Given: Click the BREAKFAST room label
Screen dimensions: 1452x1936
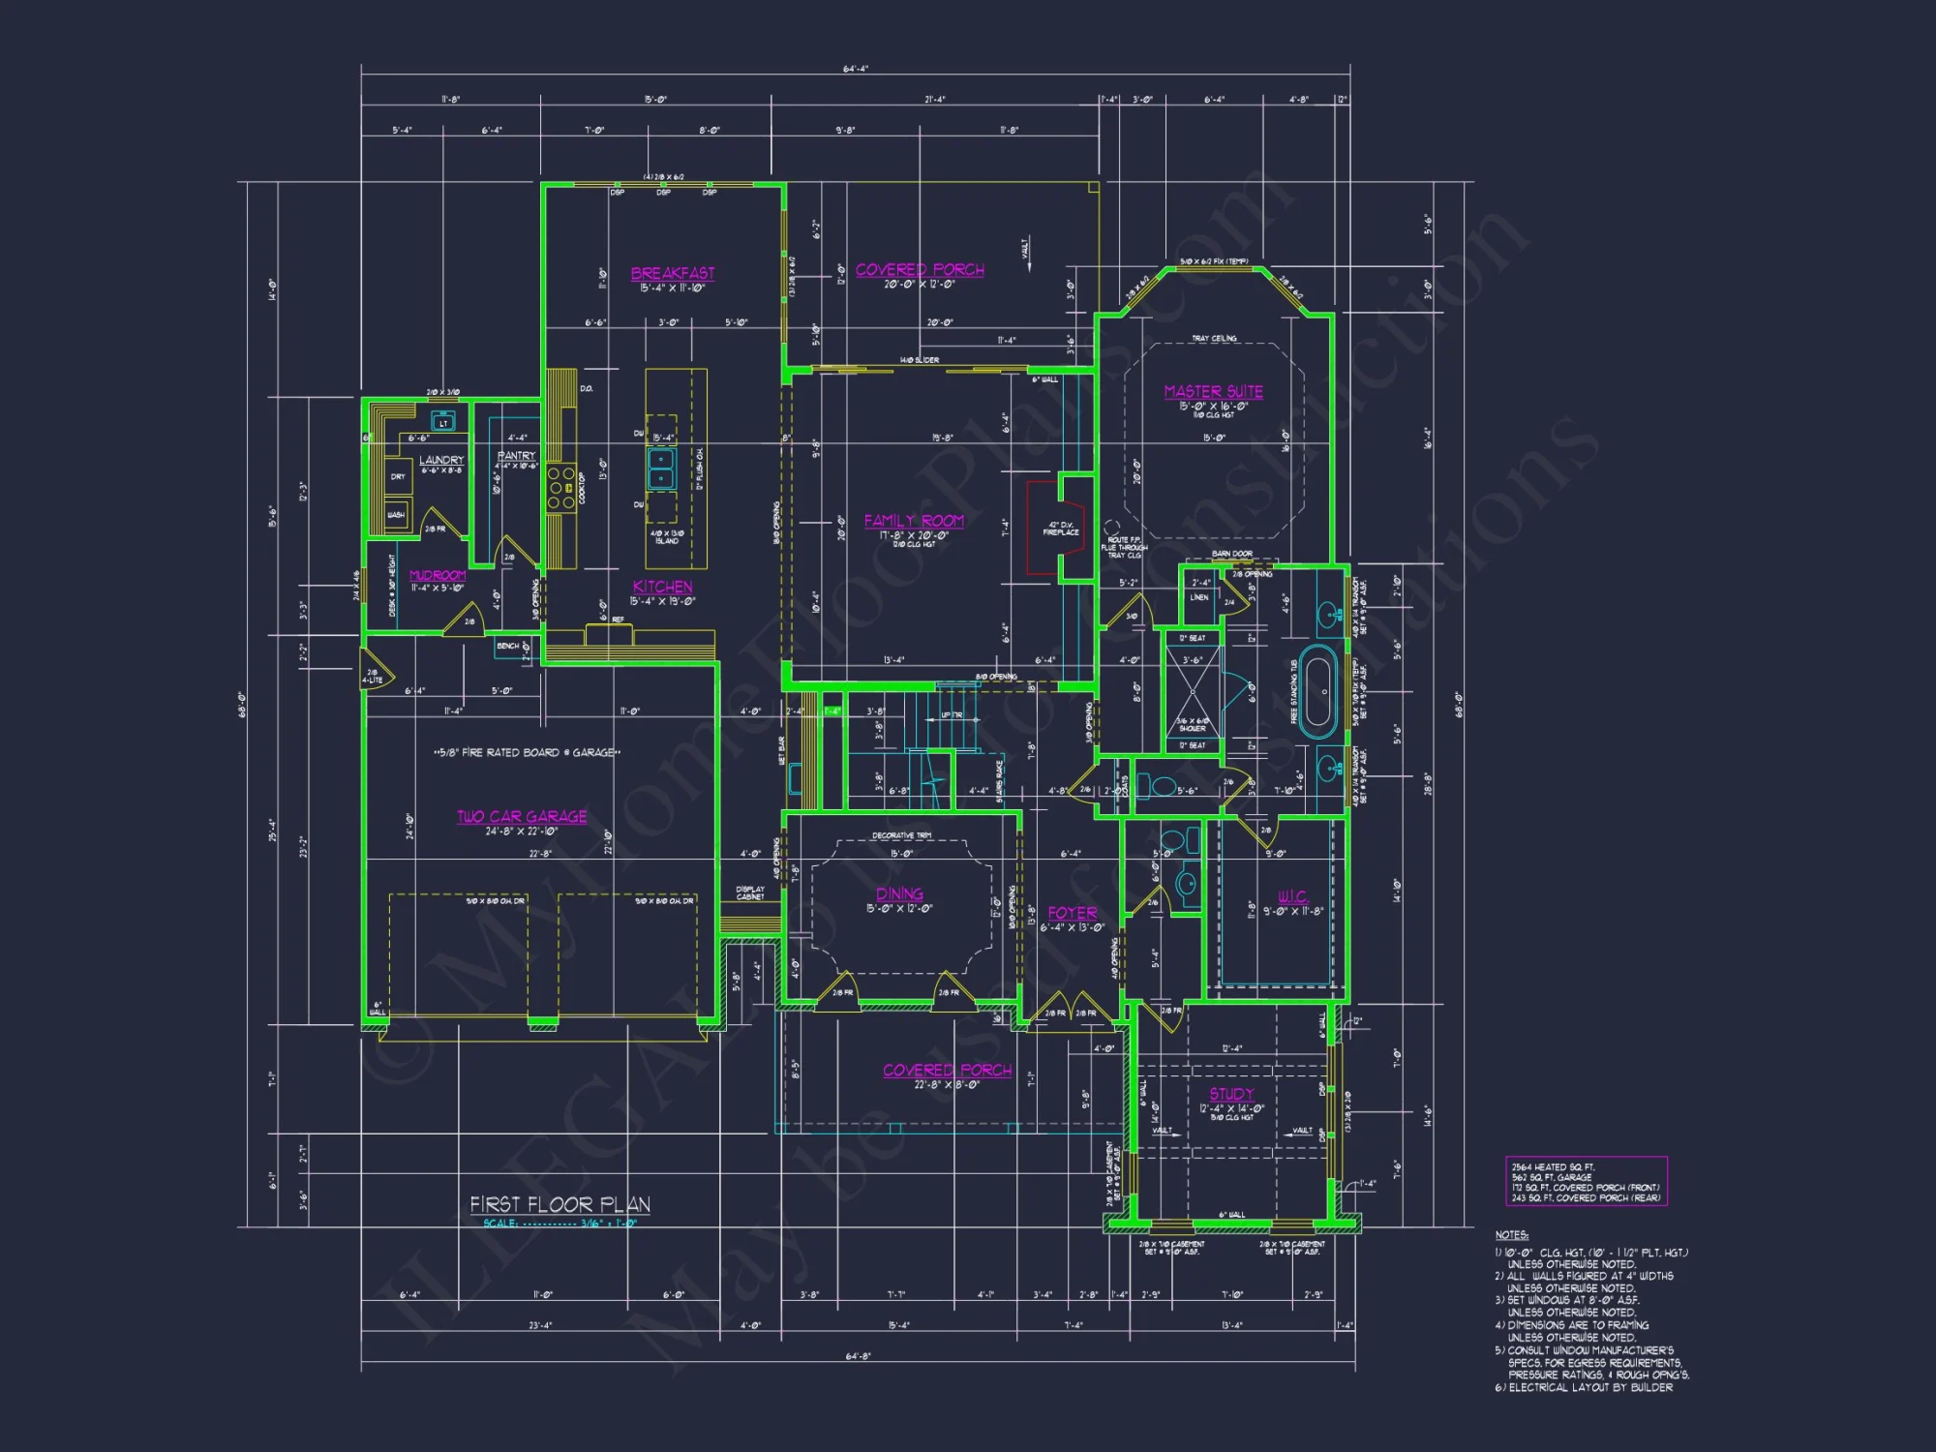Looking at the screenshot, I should (x=673, y=274).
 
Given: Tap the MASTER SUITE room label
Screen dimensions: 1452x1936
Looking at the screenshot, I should (x=1213, y=391).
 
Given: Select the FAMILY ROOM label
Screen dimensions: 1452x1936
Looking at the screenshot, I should (x=914, y=521).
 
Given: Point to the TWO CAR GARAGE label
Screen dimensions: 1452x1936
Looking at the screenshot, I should (x=522, y=816).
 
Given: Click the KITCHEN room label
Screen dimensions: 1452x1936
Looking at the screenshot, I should (x=662, y=587).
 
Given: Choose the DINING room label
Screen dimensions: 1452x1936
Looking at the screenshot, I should (x=899, y=893).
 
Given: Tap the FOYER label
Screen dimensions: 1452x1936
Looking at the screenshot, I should (x=1073, y=913).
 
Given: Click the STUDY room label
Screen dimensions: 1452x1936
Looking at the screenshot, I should (x=1231, y=1094).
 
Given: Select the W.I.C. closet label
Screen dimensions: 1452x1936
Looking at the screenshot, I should (x=1292, y=896).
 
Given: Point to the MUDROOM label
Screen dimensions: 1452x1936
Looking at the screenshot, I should (x=438, y=575).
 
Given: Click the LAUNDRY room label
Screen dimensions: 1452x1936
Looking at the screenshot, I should (x=441, y=460).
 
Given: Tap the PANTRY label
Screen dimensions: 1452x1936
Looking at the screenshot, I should (x=516, y=455).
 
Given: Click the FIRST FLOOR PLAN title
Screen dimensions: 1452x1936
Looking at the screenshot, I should (x=560, y=1204).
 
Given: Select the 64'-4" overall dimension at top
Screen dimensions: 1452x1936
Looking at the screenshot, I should (x=856, y=69).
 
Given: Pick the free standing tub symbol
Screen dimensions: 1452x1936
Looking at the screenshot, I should (x=1317, y=691).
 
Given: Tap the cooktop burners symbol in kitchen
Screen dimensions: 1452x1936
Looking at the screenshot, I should (x=561, y=488).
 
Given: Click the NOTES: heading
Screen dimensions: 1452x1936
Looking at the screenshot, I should (x=1511, y=1235).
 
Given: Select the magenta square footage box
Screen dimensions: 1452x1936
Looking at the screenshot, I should (x=1586, y=1182).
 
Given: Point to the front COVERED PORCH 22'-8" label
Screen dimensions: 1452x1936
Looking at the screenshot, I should (x=947, y=1071).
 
